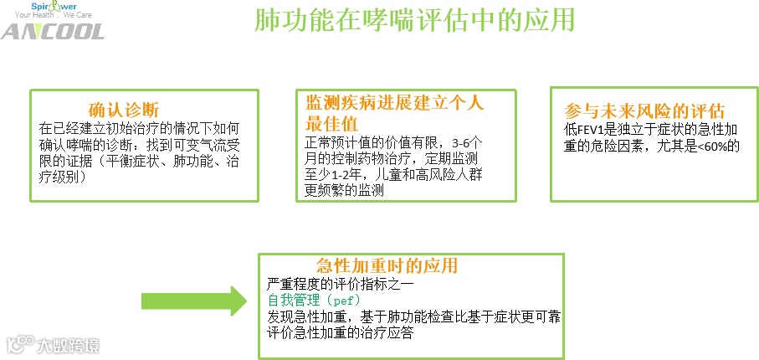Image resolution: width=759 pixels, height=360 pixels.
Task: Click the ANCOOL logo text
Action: point(52,32)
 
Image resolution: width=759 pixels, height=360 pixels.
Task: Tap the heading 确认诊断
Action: point(124,110)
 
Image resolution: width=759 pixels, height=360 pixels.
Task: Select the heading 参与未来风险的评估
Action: point(644,111)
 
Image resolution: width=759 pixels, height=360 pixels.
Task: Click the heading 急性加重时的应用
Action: point(387,266)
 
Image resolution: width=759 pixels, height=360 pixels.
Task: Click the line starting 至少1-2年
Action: point(391,174)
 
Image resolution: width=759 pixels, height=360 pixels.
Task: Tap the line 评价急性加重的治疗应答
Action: point(340,332)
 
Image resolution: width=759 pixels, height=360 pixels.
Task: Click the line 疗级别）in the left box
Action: point(68,177)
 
